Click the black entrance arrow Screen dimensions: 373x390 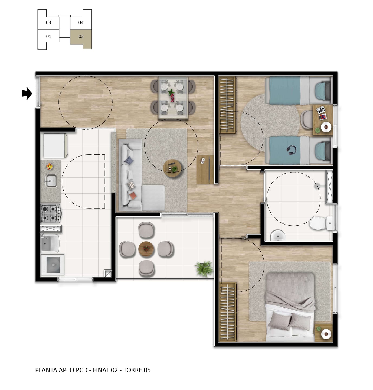click(x=27, y=93)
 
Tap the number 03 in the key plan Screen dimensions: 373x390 click(x=48, y=22)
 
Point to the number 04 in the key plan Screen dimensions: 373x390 click(x=81, y=22)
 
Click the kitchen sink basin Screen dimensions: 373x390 click(x=51, y=181)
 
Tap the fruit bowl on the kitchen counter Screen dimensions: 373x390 click(x=50, y=166)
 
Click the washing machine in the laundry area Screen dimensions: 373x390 click(x=53, y=265)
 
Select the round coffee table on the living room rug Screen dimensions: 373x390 click(x=172, y=168)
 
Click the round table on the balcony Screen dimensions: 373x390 click(x=146, y=249)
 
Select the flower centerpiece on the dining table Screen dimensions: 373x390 click(x=172, y=95)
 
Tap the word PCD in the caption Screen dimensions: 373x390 click(x=81, y=370)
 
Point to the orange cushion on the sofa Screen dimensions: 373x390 click(x=133, y=196)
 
